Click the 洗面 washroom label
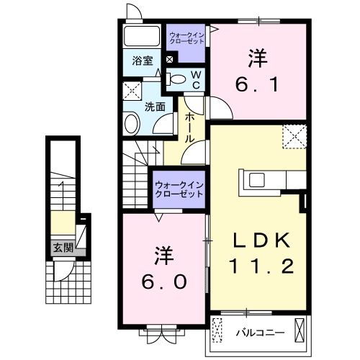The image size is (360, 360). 154,106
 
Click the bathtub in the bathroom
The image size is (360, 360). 143,37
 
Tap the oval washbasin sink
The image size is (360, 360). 132,124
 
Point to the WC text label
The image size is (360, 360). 194,81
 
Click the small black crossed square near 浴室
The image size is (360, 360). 169,60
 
